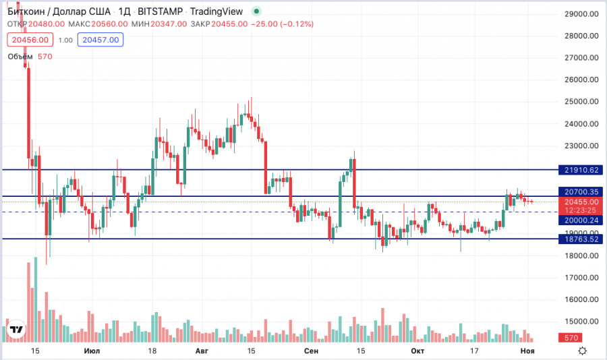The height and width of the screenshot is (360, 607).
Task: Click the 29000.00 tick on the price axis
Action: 582,14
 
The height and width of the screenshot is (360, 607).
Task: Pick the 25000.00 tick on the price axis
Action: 582,102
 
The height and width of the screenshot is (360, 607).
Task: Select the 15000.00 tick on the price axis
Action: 582,322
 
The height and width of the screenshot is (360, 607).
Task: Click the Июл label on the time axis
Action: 92,351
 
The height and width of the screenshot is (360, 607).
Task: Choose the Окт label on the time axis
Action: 417,351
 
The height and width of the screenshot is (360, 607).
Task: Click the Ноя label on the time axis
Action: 527,351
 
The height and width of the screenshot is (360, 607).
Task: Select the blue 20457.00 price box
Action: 99,40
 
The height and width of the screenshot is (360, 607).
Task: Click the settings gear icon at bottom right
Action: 582,351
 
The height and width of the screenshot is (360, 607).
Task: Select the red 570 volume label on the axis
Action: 570,337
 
